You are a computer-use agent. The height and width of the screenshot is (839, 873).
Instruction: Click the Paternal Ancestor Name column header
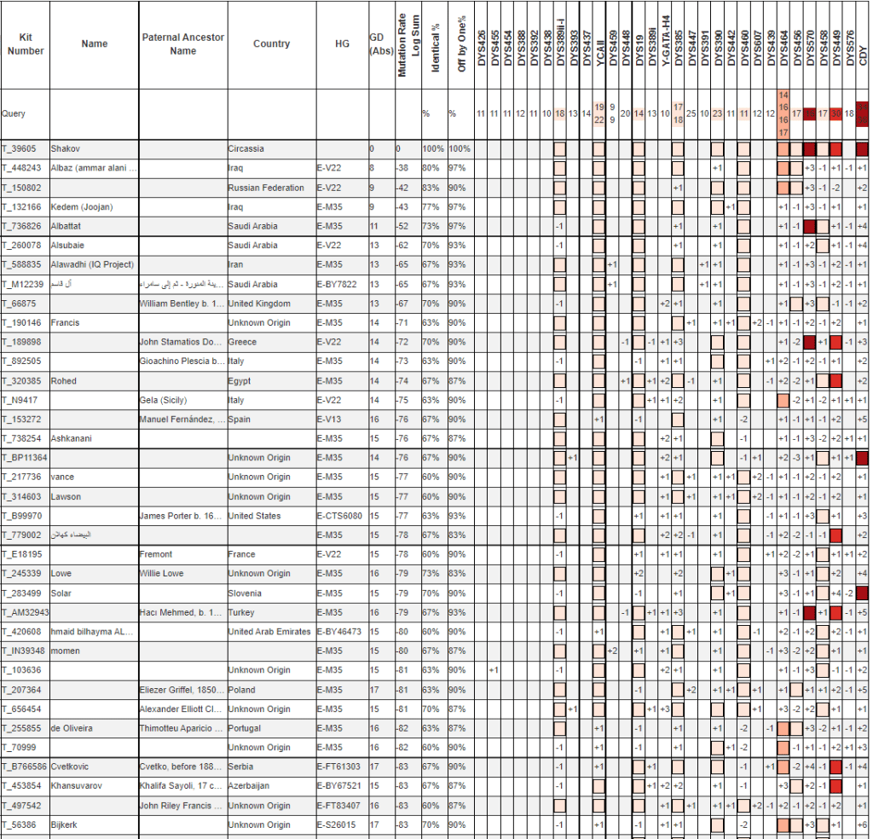pyautogui.click(x=182, y=44)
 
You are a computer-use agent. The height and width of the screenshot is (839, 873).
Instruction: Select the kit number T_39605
pyautogui.click(x=20, y=148)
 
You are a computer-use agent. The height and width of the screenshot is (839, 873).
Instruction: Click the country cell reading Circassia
pyautogui.click(x=247, y=148)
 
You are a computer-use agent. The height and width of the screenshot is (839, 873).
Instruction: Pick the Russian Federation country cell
pyautogui.click(x=265, y=188)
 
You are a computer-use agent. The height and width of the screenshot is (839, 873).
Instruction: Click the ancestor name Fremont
pyautogui.click(x=156, y=554)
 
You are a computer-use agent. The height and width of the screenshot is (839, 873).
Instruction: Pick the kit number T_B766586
pyautogui.click(x=25, y=767)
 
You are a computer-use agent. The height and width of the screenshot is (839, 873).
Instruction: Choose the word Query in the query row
pyautogui.click(x=14, y=113)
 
